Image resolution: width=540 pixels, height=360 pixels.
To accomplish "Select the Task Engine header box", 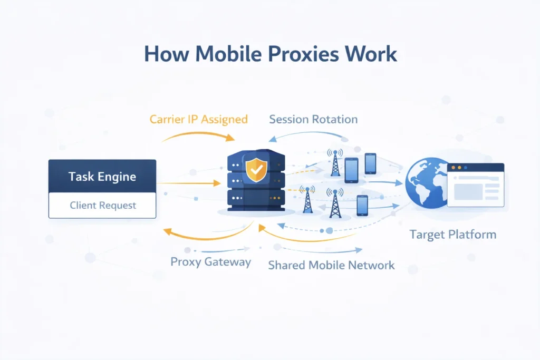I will pyautogui.click(x=102, y=176).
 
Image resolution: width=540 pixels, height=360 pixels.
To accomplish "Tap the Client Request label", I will pyautogui.click(x=102, y=205).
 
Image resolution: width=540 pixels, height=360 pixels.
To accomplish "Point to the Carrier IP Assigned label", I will pyautogui.click(x=198, y=119).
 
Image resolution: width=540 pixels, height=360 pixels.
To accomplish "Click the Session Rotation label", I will pyautogui.click(x=313, y=119).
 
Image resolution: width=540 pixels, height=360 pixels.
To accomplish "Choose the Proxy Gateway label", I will pyautogui.click(x=210, y=262).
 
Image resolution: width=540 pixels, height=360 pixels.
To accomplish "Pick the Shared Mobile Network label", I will pyautogui.click(x=331, y=265).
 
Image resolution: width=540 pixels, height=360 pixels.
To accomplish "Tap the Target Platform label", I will pyautogui.click(x=452, y=235).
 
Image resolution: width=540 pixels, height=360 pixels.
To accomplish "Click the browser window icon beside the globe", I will pyautogui.click(x=475, y=184).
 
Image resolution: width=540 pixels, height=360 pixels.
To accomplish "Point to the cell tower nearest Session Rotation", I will pyautogui.click(x=334, y=162).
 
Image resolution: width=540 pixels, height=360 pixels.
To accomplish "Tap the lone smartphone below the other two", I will pyautogui.click(x=362, y=205).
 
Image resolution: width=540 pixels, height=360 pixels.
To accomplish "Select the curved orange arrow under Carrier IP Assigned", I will pyautogui.click(x=198, y=135).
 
